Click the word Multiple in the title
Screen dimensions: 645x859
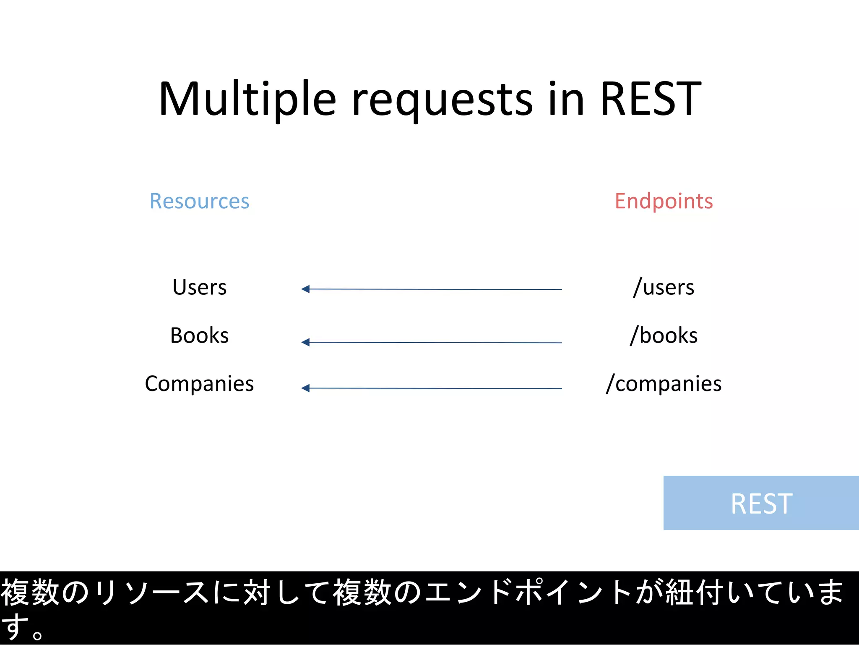[x=247, y=99]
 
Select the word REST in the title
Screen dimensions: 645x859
[x=651, y=99]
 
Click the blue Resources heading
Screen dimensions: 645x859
[x=199, y=201]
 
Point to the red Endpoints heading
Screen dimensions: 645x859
[x=664, y=201]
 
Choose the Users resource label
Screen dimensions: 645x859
[x=199, y=288]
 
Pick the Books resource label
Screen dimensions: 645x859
[x=199, y=336]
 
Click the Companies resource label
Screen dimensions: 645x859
[x=199, y=384]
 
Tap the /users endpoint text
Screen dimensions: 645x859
[x=664, y=288]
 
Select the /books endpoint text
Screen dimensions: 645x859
[x=664, y=336]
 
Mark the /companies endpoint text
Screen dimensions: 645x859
[x=664, y=384]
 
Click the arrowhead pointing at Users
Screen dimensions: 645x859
[x=306, y=289]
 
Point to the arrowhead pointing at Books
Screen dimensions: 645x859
[x=306, y=342]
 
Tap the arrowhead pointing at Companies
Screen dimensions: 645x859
[x=306, y=388]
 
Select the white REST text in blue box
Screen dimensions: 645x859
[x=761, y=503]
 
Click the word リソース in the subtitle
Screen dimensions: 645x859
[x=151, y=593]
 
